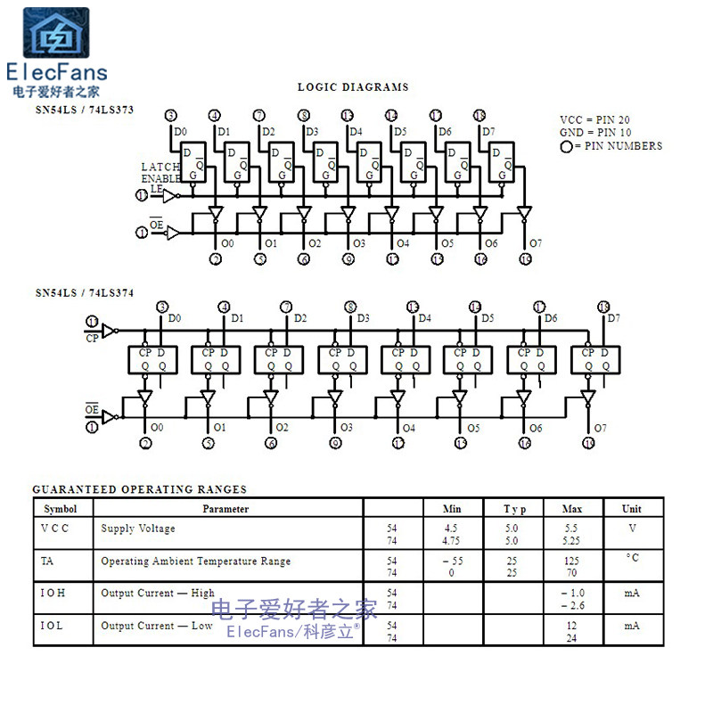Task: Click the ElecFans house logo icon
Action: pyautogui.click(x=55, y=34)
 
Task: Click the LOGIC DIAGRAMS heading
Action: pyautogui.click(x=353, y=87)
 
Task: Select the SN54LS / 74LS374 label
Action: pyautogui.click(x=84, y=292)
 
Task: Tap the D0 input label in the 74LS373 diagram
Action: pyautogui.click(x=181, y=132)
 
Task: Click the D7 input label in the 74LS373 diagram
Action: pyautogui.click(x=488, y=132)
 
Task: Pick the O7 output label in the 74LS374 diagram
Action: pyautogui.click(x=600, y=428)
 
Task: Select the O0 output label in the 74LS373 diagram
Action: pyautogui.click(x=227, y=243)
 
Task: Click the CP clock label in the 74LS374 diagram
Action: pyautogui.click(x=92, y=339)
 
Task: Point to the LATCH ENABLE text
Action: pyautogui.click(x=160, y=173)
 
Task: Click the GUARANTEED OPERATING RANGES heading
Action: pyautogui.click(x=140, y=489)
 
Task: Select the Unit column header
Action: pyautogui.click(x=631, y=509)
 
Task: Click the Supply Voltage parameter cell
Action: pyautogui.click(x=138, y=529)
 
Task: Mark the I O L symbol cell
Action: pyautogui.click(x=53, y=626)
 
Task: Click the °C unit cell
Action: pyautogui.click(x=632, y=559)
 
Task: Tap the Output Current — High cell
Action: pyautogui.click(x=158, y=593)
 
